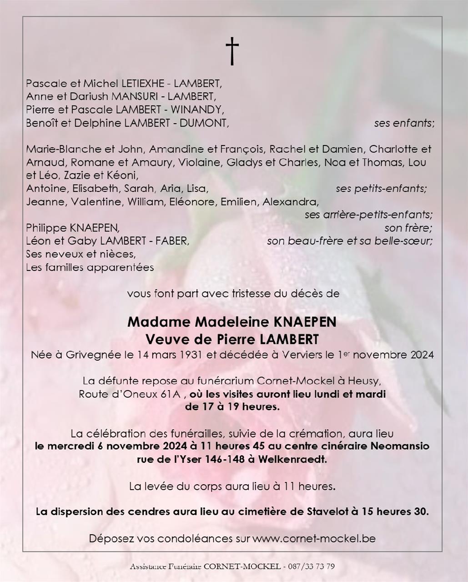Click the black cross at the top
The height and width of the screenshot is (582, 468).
coord(232,51)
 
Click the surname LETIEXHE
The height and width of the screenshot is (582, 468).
coord(144,84)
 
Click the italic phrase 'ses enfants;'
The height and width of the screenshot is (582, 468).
coord(404,123)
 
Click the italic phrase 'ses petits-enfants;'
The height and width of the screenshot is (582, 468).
coord(381,189)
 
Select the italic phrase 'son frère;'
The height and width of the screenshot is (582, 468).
coord(408,228)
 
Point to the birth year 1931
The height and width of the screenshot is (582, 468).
coord(191,355)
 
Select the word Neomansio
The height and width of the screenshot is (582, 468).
coord(400,446)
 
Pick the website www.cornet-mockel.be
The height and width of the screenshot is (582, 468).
coord(314,539)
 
